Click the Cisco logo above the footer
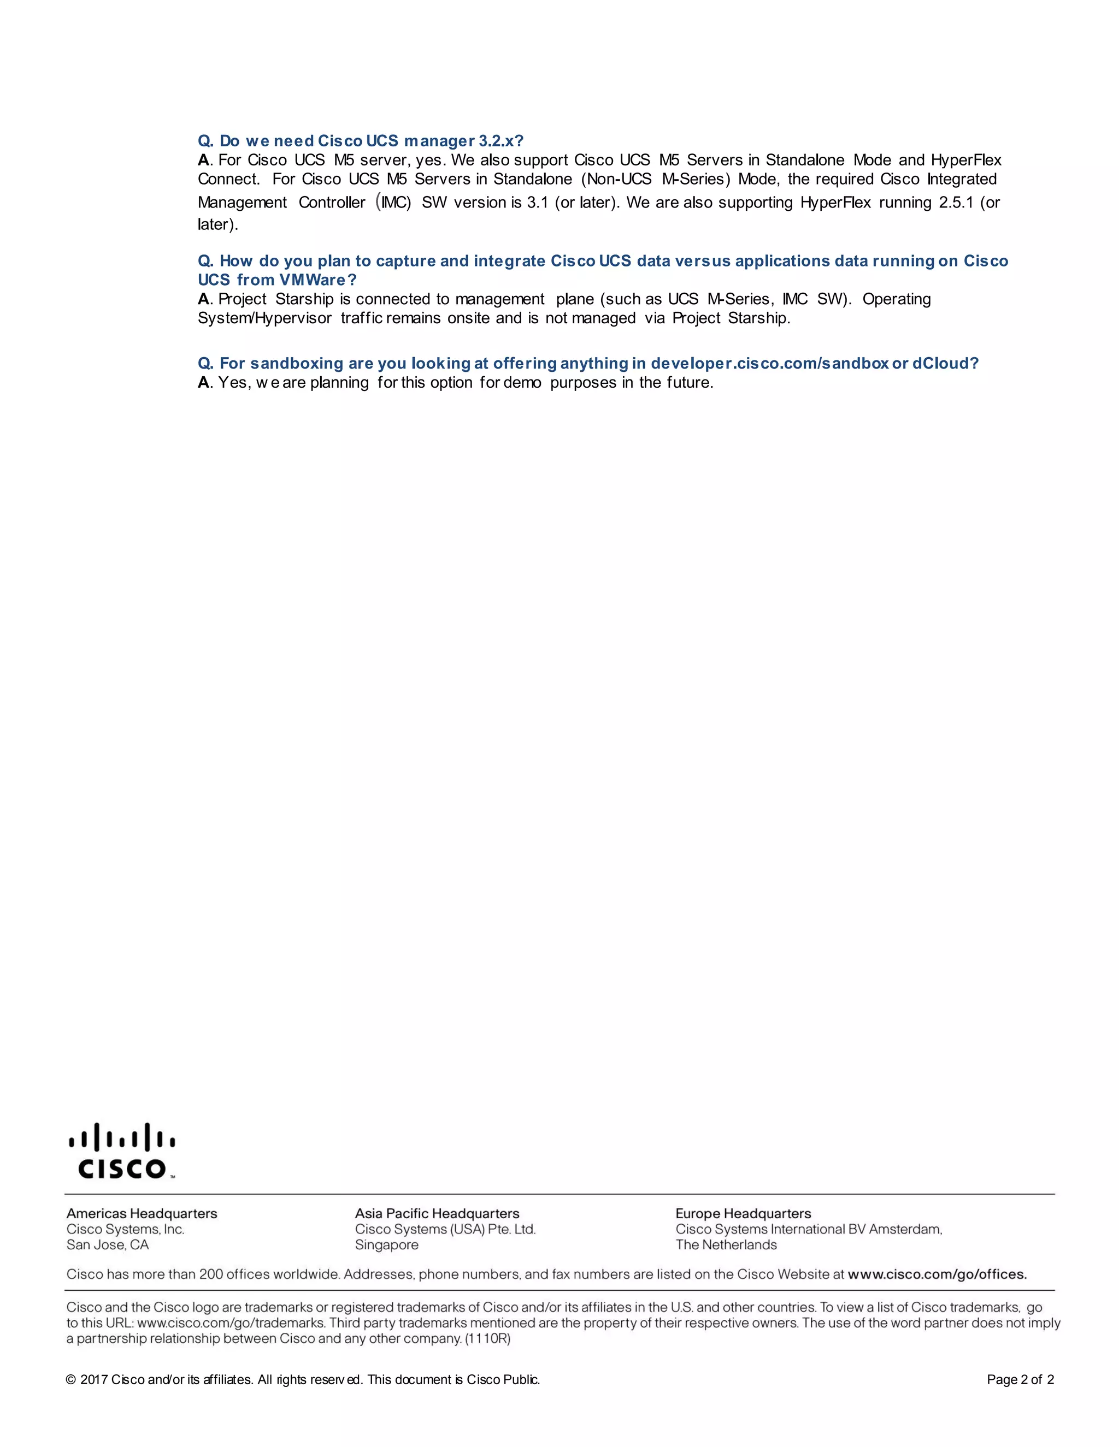[122, 1152]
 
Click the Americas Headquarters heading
[142, 1214]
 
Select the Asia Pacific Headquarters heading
[437, 1214]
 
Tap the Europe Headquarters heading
[743, 1214]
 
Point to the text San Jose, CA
[108, 1245]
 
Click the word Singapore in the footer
[386, 1245]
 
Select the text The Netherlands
[726, 1245]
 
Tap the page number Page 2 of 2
[1020, 1379]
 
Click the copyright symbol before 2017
[71, 1380]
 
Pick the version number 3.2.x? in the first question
[501, 141]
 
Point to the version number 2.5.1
[956, 203]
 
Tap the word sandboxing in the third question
[296, 364]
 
